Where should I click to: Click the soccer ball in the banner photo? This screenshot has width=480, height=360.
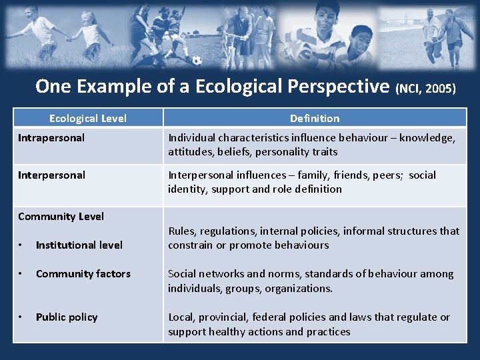(x=197, y=61)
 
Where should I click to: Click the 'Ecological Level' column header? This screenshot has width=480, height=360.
(x=87, y=118)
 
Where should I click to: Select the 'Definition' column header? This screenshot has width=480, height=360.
(x=315, y=118)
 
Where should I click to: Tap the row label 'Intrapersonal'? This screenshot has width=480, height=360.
(x=51, y=138)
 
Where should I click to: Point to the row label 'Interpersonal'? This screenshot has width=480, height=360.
(x=51, y=175)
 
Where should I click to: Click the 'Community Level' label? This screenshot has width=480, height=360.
(x=61, y=216)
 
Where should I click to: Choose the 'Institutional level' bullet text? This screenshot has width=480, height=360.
(x=79, y=245)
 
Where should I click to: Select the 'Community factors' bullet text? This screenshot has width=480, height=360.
(x=83, y=273)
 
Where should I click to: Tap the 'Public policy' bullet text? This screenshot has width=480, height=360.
(x=67, y=317)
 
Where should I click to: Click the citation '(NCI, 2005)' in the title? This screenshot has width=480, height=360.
(x=427, y=88)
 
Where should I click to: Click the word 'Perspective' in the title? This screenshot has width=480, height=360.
(x=339, y=87)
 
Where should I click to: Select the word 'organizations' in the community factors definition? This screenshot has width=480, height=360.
(x=298, y=288)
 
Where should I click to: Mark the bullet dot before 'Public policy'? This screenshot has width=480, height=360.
(x=21, y=317)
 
